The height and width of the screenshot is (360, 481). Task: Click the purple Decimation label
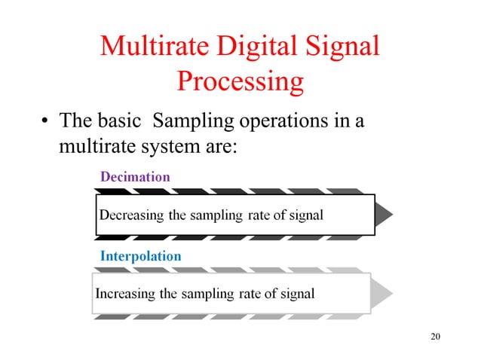[135, 176]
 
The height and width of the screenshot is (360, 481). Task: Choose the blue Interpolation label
[140, 256]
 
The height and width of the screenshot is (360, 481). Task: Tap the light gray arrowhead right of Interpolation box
[381, 292]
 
